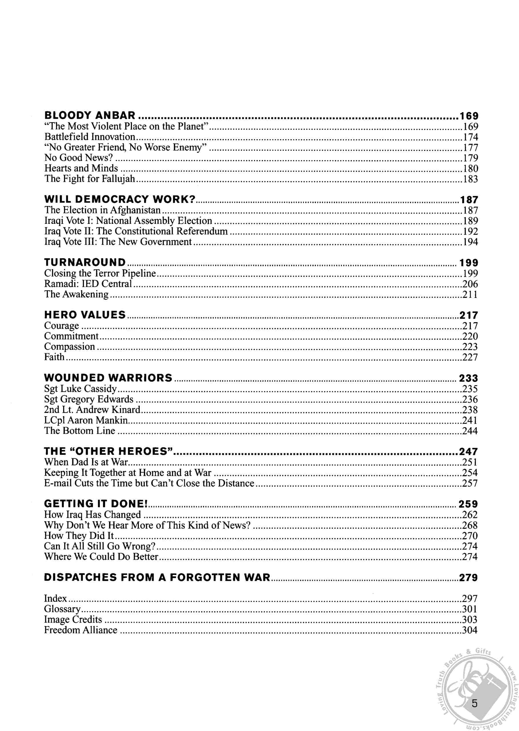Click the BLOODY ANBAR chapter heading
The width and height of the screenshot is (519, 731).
[90, 115]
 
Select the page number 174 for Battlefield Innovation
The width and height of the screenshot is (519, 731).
[470, 137]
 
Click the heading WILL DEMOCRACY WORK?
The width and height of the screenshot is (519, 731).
[119, 199]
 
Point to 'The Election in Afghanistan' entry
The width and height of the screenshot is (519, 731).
[102, 210]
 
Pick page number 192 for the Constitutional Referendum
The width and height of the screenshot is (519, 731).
[470, 231]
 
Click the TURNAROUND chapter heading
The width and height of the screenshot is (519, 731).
[85, 262]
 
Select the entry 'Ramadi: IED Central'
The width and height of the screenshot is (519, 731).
[88, 284]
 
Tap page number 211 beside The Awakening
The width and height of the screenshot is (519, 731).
[470, 294]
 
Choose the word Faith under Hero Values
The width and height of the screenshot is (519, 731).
[54, 357]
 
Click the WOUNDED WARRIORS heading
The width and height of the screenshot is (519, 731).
[108, 378]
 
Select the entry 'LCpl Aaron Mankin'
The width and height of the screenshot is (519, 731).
[86, 420]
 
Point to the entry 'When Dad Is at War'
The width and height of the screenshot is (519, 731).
[86, 462]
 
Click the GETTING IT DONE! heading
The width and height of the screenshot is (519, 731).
[96, 503]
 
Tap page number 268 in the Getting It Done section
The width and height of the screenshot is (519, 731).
[470, 525]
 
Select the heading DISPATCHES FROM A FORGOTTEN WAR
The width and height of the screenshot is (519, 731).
[157, 577]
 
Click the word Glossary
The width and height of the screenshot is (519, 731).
[62, 609]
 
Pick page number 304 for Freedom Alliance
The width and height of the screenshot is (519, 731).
[470, 630]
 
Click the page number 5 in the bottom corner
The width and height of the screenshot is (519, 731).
[474, 704]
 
